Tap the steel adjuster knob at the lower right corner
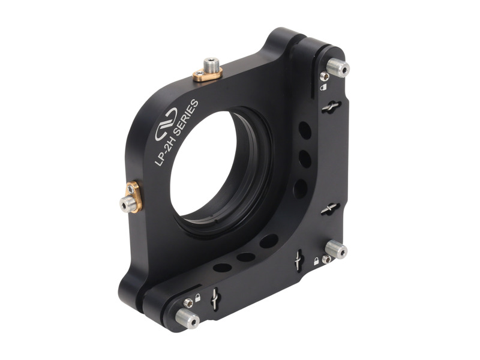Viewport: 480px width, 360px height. coord(337,250)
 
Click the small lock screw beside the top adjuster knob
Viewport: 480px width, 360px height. coord(325,76)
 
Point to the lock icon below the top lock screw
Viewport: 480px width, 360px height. coord(323,88)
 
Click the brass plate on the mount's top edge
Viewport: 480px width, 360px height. coord(207,74)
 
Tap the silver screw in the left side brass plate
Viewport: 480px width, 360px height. coord(126,206)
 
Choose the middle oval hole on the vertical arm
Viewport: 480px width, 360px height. coord(304,159)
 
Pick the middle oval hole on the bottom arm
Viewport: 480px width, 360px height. coord(245,257)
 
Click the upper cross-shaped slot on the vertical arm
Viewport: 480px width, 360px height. coord(331,107)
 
